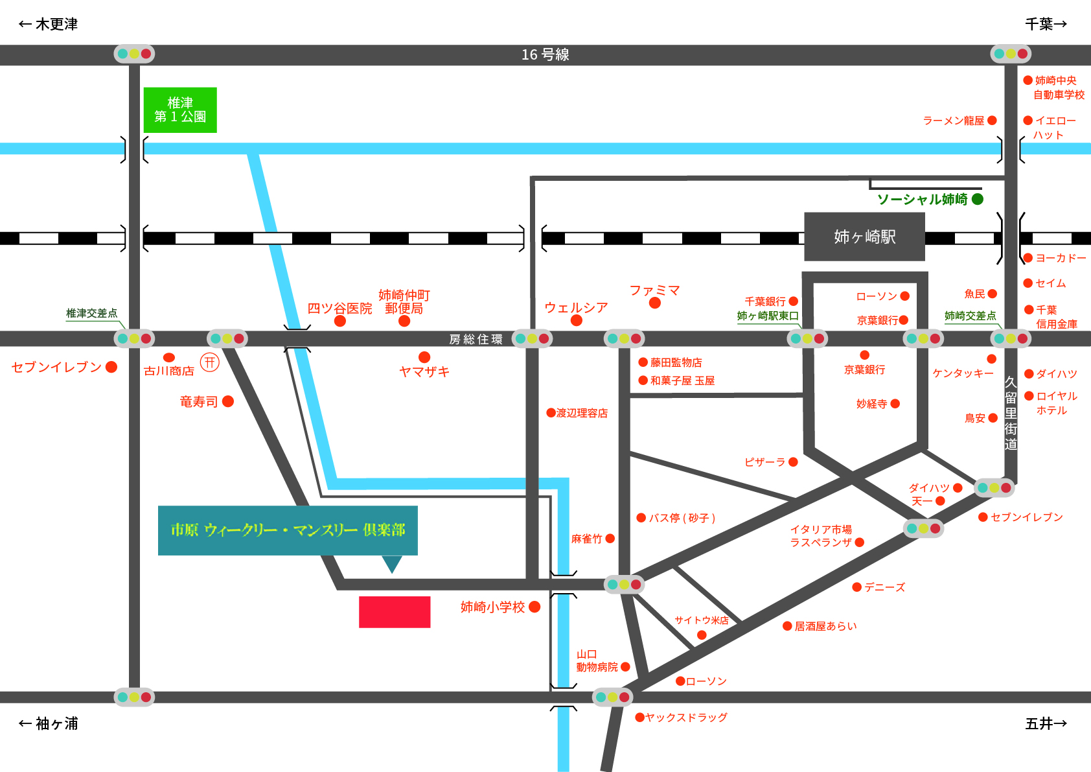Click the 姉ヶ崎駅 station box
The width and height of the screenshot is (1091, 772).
[x=864, y=237]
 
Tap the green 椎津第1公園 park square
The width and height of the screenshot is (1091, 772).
[x=180, y=110]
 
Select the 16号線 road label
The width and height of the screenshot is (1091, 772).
[x=545, y=54]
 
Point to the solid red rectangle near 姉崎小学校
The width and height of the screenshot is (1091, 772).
[x=395, y=612]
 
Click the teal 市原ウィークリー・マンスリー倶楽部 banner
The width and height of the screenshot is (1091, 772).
[x=288, y=530]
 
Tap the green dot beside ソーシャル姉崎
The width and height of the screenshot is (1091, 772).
[x=978, y=199]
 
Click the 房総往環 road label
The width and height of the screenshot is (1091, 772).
[x=476, y=339]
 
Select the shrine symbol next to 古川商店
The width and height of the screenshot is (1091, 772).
[x=210, y=362]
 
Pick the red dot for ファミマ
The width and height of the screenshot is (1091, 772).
[x=655, y=303]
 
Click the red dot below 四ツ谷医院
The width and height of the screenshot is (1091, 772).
[x=340, y=321]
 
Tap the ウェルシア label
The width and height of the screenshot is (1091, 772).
[x=576, y=307]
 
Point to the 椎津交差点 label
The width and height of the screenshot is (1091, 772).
[x=92, y=313]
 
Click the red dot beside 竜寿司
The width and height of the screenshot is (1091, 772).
[x=228, y=402]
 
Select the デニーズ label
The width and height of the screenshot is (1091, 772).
[x=885, y=587]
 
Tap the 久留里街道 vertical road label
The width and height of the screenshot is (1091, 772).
[x=1011, y=414]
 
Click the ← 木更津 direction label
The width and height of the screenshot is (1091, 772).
[x=48, y=24]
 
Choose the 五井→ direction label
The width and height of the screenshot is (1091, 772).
[x=1046, y=724]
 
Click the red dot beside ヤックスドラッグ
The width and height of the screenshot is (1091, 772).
[x=640, y=718]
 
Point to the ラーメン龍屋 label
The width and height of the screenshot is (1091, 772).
[x=954, y=121]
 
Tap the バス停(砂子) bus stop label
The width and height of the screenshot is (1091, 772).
[x=682, y=518]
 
